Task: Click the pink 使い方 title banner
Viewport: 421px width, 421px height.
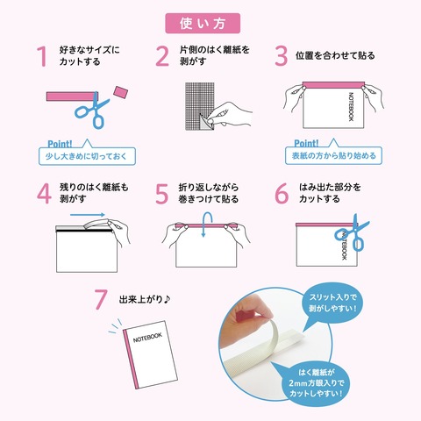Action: [x=203, y=24]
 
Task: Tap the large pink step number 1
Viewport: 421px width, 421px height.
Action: [x=43, y=56]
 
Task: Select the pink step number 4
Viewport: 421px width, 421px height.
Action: [x=44, y=194]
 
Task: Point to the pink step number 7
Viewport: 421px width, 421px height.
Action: [x=101, y=299]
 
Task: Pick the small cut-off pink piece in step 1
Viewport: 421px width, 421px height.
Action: [x=121, y=92]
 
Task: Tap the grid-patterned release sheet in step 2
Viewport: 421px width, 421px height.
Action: [x=199, y=106]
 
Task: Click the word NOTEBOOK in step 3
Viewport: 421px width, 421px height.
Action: [x=351, y=107]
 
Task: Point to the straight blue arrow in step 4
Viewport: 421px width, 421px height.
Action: [x=88, y=215]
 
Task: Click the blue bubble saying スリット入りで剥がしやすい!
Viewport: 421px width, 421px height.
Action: [x=332, y=303]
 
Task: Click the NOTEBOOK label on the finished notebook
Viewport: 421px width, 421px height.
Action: [x=147, y=338]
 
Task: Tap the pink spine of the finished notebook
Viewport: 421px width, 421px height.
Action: [x=131, y=359]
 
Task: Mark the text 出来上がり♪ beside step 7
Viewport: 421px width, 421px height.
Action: [x=145, y=299]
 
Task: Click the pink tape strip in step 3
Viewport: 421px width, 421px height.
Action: [x=333, y=85]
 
